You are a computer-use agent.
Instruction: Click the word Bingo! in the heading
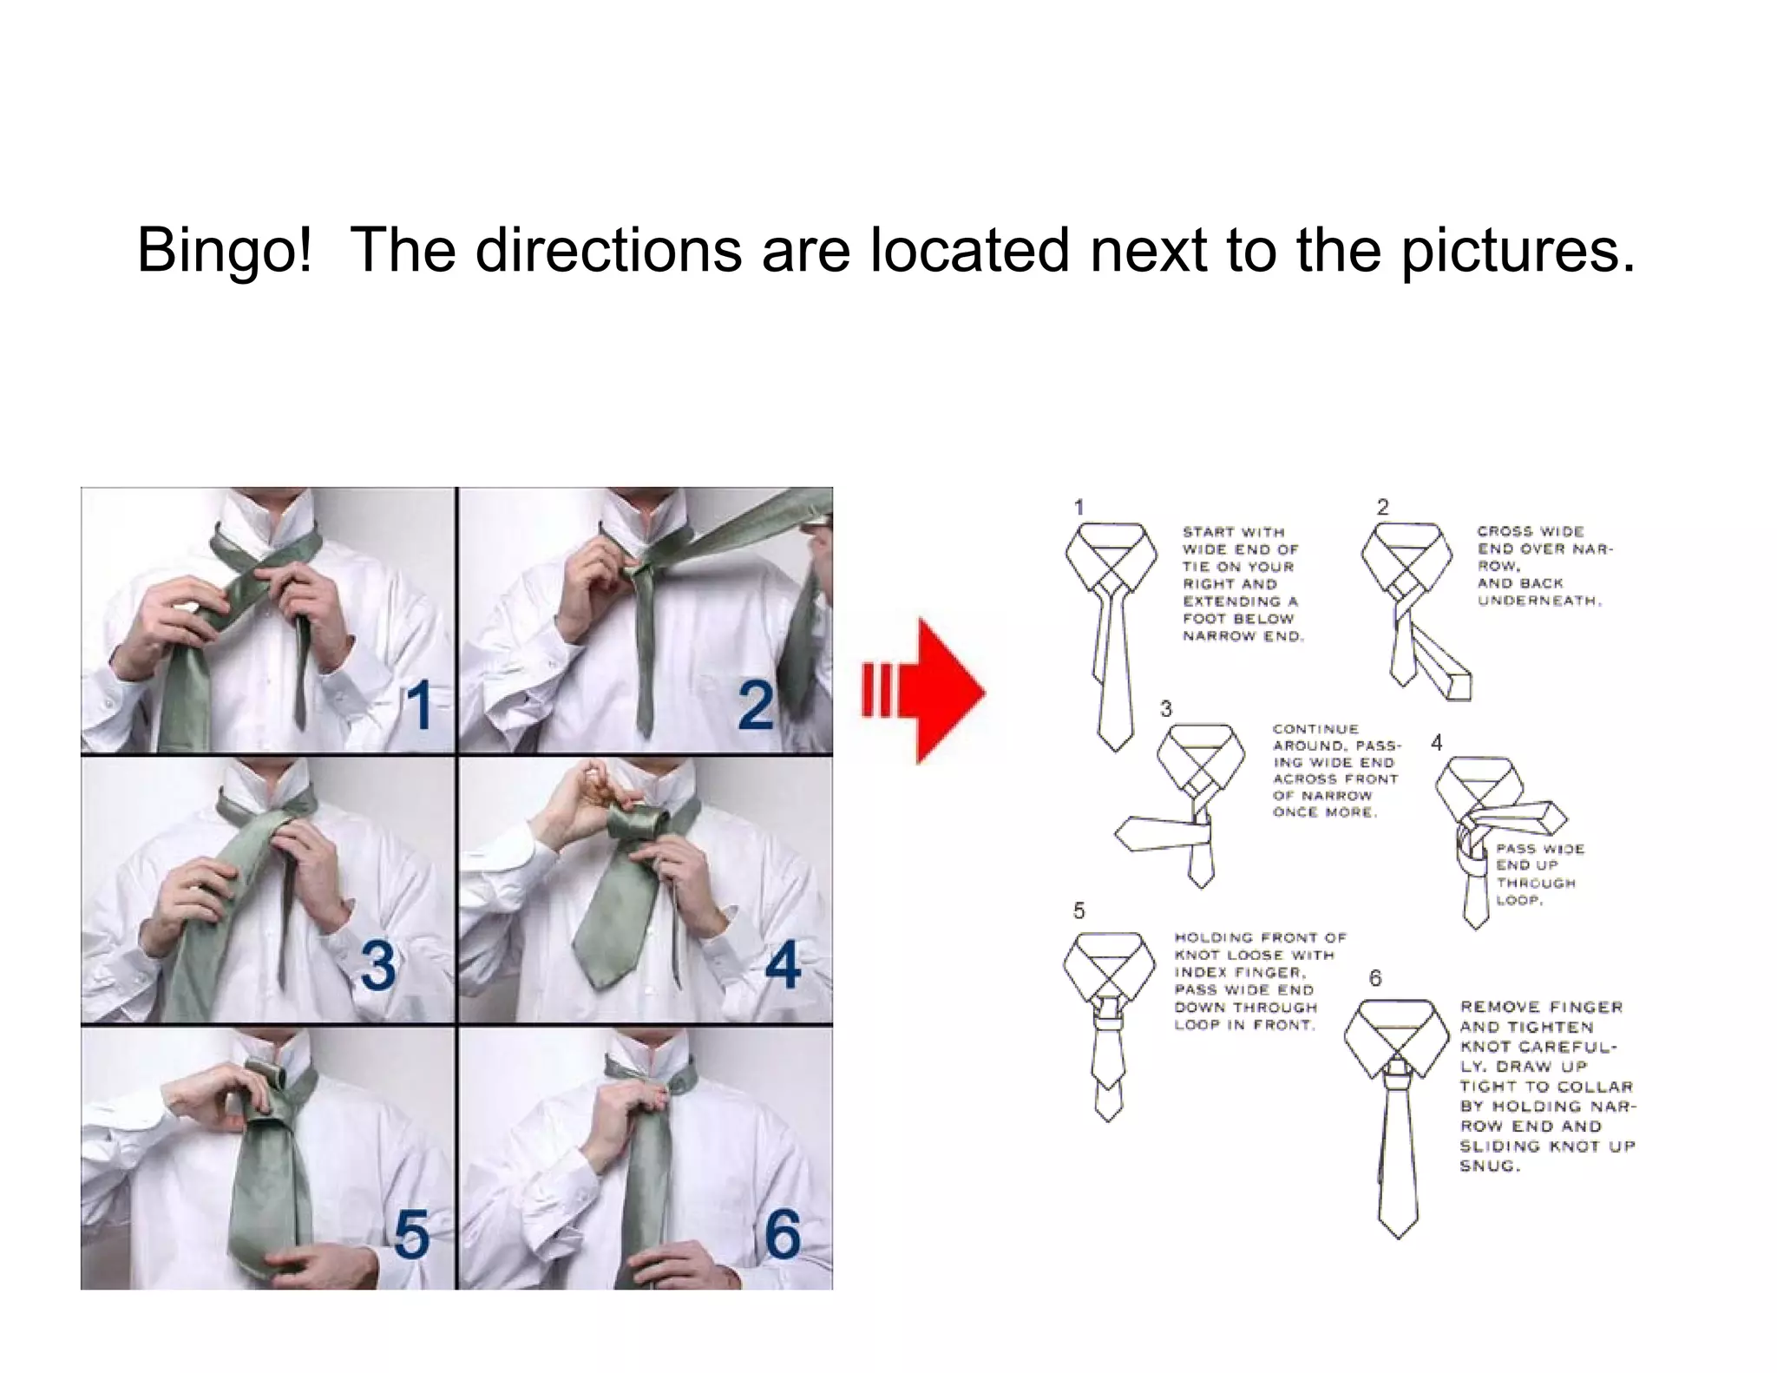click(224, 250)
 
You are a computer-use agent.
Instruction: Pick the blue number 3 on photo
click(378, 965)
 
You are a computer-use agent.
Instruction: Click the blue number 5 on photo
click(411, 1234)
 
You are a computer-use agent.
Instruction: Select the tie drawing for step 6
click(1397, 1128)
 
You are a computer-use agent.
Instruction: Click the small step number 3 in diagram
click(1166, 709)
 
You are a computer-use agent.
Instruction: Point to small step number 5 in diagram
click(1079, 910)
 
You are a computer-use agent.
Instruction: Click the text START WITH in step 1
click(1233, 532)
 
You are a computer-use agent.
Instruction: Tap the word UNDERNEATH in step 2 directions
click(1538, 601)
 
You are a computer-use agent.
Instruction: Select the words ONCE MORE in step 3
click(1323, 812)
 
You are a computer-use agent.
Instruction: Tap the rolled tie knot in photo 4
click(638, 824)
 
